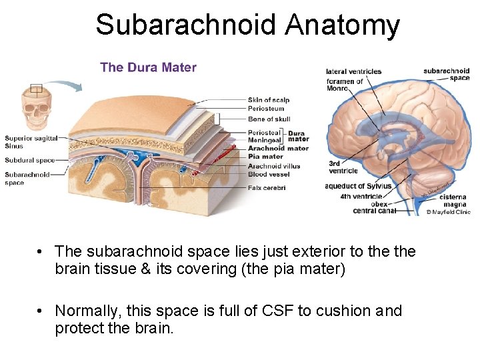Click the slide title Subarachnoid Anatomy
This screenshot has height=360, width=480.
click(247, 25)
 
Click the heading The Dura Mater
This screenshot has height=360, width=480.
click(148, 67)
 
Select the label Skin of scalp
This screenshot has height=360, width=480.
click(269, 100)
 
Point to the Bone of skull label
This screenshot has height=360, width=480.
click(269, 119)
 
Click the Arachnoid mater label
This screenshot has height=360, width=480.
click(278, 148)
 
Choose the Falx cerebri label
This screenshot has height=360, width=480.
click(267, 188)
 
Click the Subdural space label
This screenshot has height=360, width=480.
click(29, 160)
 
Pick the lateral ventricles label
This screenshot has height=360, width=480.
click(354, 71)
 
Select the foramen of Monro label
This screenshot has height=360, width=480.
click(345, 85)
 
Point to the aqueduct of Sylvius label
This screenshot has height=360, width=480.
click(358, 186)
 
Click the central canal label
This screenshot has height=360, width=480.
click(374, 211)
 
